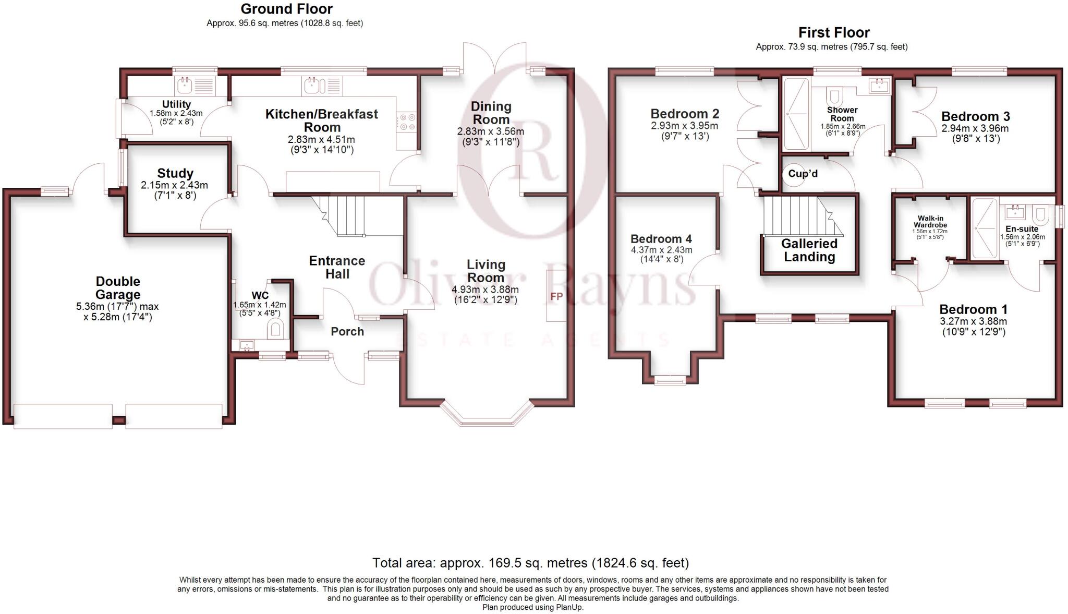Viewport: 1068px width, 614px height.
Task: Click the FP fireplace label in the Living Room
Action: coord(556,296)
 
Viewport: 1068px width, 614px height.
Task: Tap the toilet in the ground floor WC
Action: coord(275,329)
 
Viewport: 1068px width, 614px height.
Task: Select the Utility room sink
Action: coord(185,85)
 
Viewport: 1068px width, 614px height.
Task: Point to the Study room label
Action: coord(175,173)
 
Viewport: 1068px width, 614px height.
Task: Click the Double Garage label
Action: coord(118,288)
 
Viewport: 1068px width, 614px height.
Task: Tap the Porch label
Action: coord(347,332)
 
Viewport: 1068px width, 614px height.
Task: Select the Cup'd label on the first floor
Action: coord(803,174)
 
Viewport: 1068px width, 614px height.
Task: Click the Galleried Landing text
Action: coord(809,250)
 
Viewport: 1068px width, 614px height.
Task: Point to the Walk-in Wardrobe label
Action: coord(930,222)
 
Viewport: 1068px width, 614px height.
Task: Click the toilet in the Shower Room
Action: coord(834,97)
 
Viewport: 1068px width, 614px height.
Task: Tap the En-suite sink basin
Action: coord(1015,211)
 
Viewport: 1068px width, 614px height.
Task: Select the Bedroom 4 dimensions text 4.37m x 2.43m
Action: coord(661,250)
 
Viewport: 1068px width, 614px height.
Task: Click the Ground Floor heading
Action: coord(286,9)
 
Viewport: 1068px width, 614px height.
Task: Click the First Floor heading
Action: coord(834,33)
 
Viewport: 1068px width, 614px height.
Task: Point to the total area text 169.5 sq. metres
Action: coord(530,563)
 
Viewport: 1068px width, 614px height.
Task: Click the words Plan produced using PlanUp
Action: coord(532,607)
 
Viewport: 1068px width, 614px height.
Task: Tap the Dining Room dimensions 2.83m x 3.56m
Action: coord(491,131)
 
